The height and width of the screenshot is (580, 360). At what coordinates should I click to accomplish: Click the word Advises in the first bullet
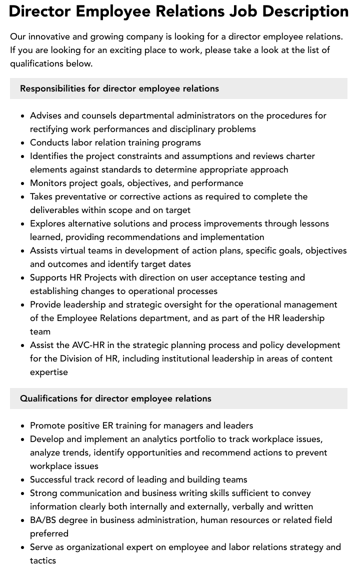point(45,115)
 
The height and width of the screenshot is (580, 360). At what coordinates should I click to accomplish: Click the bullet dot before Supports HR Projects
point(23,277)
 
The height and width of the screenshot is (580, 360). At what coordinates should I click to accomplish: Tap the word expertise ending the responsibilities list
point(49,372)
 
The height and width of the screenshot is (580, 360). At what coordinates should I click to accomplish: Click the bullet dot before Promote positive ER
point(23,425)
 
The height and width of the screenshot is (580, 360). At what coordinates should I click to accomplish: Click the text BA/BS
point(43,520)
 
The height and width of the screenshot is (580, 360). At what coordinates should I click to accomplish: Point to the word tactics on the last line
point(43,560)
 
